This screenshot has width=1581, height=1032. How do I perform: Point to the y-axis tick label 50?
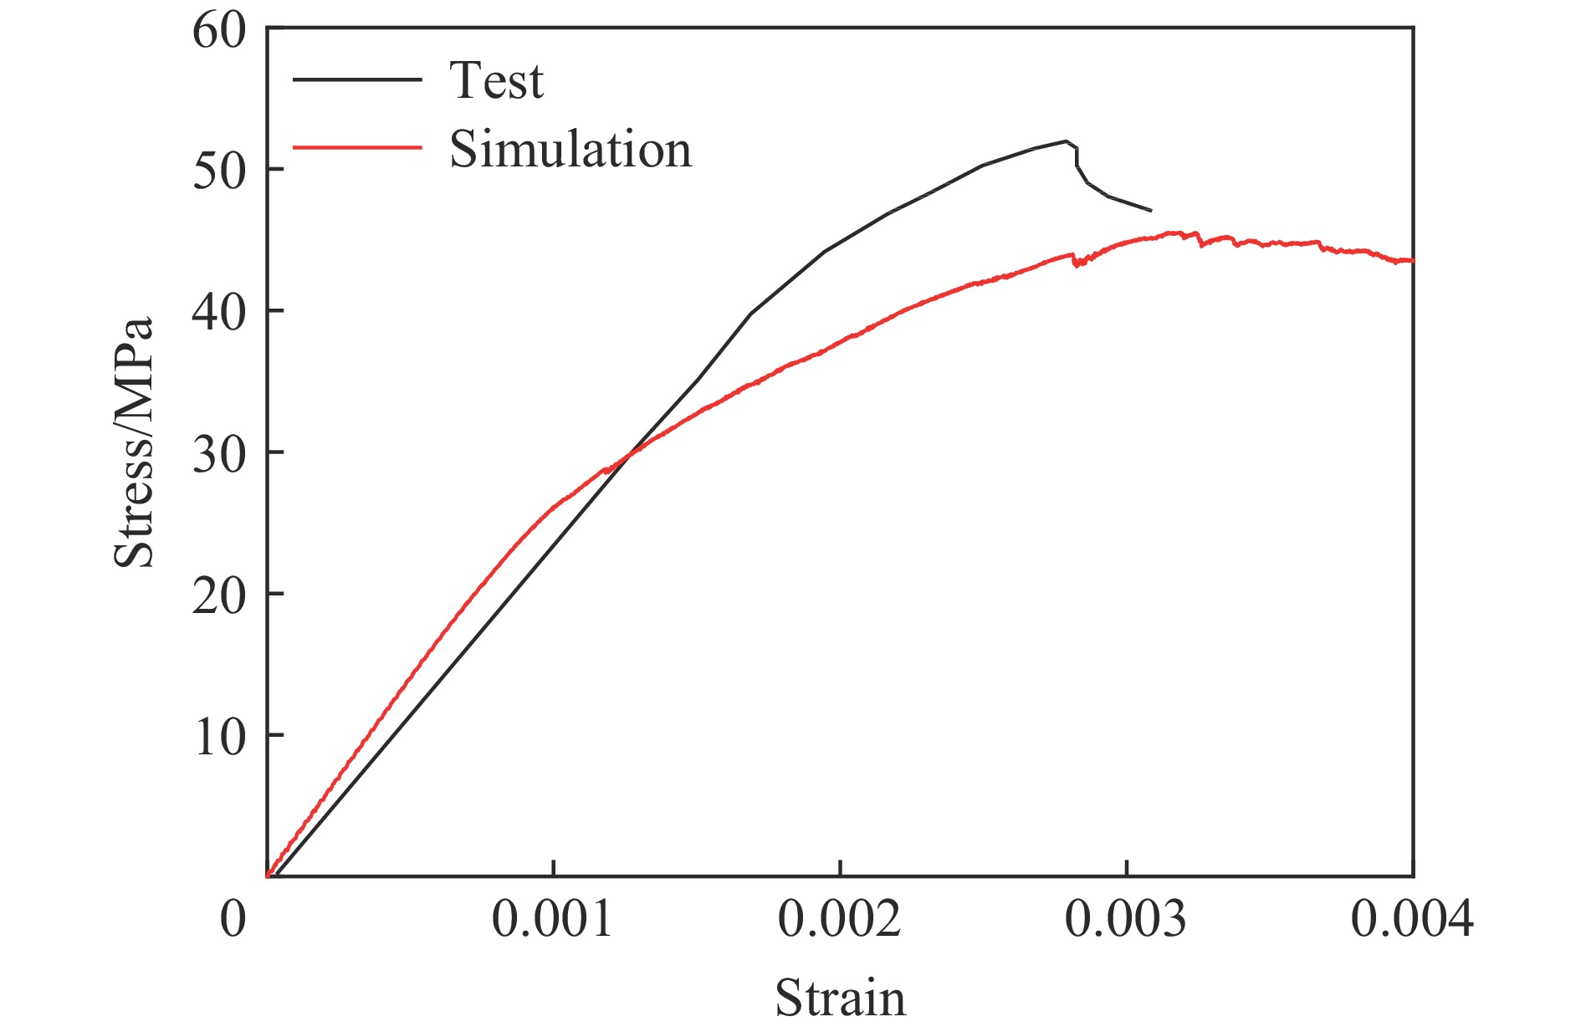219,171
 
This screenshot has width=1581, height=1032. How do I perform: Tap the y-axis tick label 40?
219,312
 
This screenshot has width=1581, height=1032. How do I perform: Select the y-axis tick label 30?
219,454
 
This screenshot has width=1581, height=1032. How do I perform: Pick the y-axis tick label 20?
219,595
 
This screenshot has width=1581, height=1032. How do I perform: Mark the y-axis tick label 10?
219,737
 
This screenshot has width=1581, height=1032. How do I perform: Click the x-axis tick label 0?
233,919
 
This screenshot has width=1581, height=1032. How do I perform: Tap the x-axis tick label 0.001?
552,919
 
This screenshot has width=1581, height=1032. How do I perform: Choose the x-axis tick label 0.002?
839,919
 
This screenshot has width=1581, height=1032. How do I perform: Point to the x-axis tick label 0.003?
1126,919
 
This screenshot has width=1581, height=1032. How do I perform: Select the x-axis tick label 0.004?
1412,919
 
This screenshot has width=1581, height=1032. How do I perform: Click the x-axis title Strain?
840,998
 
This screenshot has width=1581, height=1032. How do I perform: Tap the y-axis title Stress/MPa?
135,442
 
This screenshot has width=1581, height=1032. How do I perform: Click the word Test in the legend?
497,81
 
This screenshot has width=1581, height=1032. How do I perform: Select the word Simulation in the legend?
570,150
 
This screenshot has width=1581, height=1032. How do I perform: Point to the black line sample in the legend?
357,79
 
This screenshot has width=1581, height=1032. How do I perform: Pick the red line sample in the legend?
357,147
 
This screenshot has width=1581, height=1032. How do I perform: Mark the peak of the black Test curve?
1066,140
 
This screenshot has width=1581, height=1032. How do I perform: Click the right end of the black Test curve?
1151,210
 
